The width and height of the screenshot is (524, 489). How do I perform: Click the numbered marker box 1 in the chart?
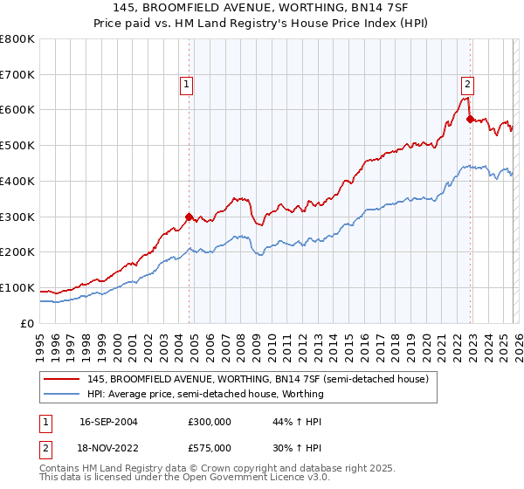pyautogui.click(x=188, y=85)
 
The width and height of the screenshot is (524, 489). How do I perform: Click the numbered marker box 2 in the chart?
pyautogui.click(x=468, y=85)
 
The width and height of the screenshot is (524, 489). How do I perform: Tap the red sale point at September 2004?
pyautogui.click(x=189, y=216)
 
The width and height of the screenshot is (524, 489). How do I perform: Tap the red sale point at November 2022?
pyautogui.click(x=470, y=119)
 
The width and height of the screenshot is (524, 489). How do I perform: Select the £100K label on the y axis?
pyautogui.click(x=17, y=288)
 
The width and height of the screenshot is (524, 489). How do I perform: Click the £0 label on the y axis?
pyautogui.click(x=26, y=324)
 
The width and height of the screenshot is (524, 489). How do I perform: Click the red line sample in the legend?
pyautogui.click(x=63, y=380)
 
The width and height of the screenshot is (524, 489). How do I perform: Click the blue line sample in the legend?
pyautogui.click(x=63, y=395)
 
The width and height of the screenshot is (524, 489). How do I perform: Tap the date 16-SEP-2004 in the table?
pyautogui.click(x=108, y=422)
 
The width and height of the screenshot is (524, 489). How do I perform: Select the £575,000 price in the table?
pyautogui.click(x=210, y=448)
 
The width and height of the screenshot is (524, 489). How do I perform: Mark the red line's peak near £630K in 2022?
pyautogui.click(x=465, y=99)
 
